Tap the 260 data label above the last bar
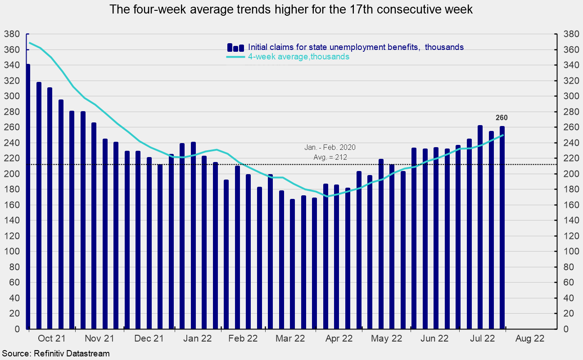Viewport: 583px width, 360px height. [502, 118]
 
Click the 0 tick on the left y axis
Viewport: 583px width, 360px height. [17, 329]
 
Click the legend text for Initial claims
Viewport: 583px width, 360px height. [356, 47]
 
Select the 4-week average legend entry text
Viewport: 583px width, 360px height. [298, 57]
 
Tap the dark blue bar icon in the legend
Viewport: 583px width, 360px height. [235, 47]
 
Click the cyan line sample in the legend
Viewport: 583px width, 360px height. [235, 57]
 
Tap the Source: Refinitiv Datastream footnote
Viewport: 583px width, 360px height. [55, 354]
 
